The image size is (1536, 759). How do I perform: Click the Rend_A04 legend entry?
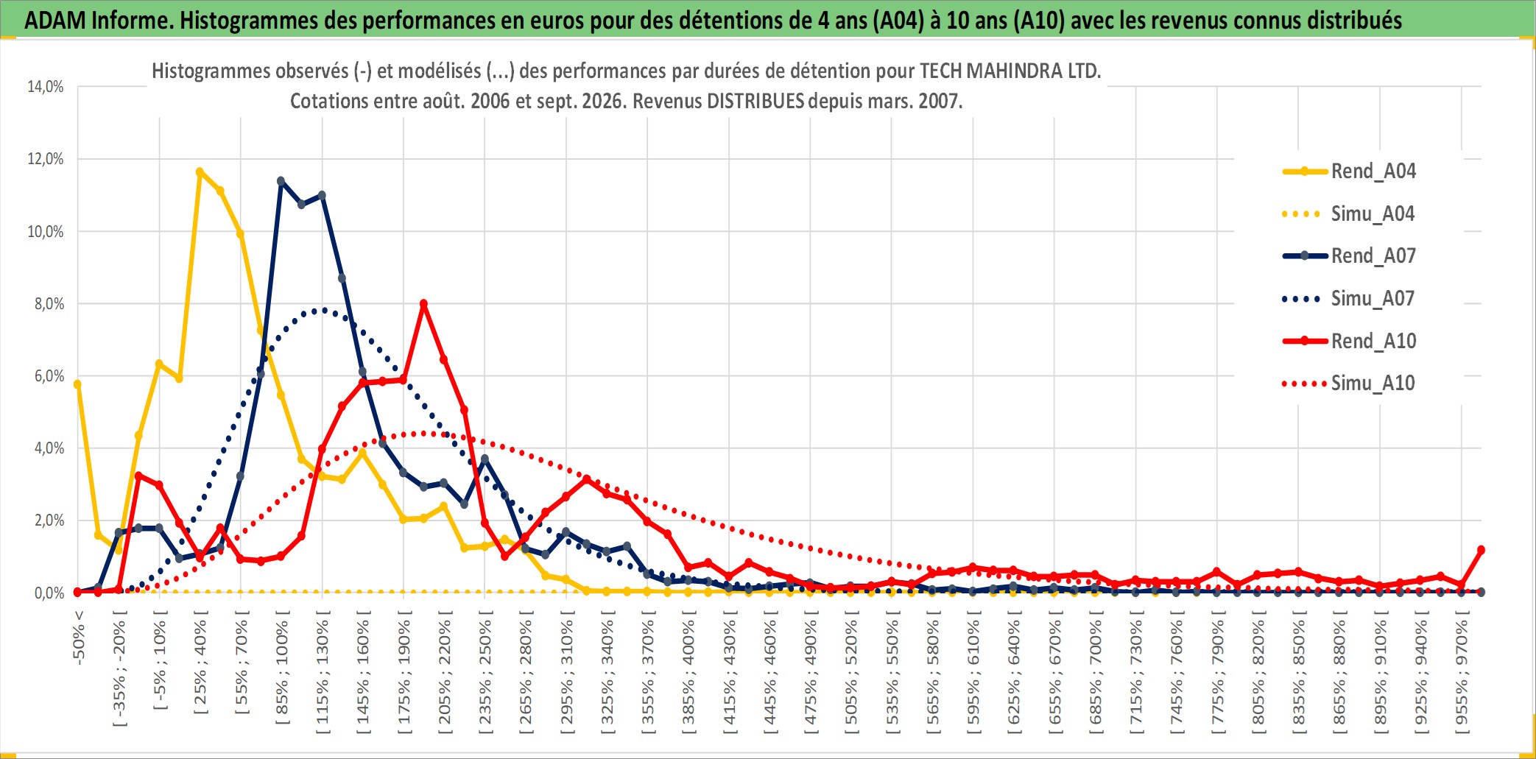click(x=1349, y=172)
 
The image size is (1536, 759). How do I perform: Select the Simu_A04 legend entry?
click(x=1349, y=214)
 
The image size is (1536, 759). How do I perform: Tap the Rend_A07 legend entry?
click(x=1349, y=256)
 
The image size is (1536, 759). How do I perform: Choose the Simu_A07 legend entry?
click(x=1349, y=299)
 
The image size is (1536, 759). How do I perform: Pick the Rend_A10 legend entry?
click(x=1349, y=341)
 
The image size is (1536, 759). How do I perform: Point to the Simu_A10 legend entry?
click(x=1349, y=383)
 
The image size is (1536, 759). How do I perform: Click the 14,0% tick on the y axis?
click(x=46, y=87)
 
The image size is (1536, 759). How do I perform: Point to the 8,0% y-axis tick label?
click(x=49, y=304)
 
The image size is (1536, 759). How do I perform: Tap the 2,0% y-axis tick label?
click(x=49, y=520)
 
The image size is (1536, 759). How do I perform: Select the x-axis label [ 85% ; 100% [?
click(x=282, y=671)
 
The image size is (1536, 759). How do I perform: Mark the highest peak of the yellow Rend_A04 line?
click(x=200, y=172)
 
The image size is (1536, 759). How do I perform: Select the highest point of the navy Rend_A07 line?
click(x=281, y=180)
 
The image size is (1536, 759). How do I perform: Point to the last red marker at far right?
click(x=1481, y=550)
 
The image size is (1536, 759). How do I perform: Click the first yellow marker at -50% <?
click(x=77, y=384)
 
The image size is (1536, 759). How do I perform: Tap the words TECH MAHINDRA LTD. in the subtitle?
click(x=1010, y=71)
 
